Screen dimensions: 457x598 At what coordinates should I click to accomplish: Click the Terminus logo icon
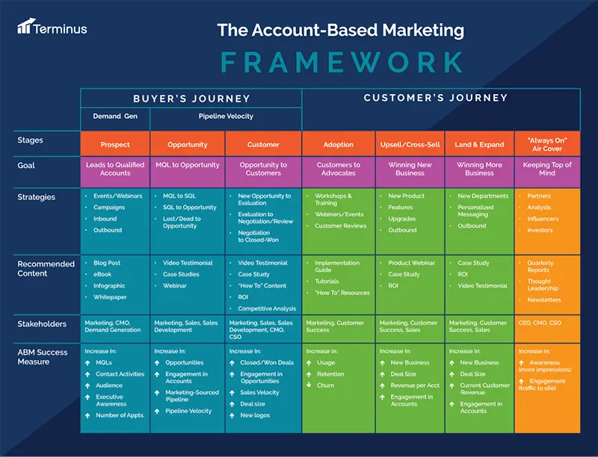tap(25, 28)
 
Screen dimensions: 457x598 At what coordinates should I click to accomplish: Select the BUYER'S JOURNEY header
tap(191, 99)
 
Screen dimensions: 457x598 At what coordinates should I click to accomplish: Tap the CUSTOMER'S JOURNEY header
tap(435, 98)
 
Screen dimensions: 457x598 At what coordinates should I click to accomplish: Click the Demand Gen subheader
tap(115, 116)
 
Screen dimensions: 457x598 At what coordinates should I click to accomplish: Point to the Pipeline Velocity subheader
tap(226, 116)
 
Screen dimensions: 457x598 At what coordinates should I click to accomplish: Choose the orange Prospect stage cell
tap(115, 144)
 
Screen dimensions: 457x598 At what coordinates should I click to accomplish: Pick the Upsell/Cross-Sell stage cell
tap(410, 144)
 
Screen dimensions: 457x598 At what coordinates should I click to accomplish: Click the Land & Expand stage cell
tap(480, 144)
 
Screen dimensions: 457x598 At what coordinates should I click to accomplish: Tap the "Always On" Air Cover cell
tap(547, 144)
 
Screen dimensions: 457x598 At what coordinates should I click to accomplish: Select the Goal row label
tap(26, 165)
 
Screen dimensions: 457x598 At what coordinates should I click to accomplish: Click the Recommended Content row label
tap(46, 268)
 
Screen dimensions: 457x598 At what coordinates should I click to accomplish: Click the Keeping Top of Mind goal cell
tap(547, 170)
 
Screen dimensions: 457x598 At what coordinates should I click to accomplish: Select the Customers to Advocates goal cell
tap(338, 170)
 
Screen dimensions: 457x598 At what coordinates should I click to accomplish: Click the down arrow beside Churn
tap(309, 385)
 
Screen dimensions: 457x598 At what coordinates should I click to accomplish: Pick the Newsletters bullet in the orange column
tap(543, 299)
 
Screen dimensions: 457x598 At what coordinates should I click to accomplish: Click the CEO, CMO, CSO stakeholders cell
tap(540, 323)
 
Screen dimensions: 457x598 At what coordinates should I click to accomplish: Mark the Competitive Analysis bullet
tap(265, 308)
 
